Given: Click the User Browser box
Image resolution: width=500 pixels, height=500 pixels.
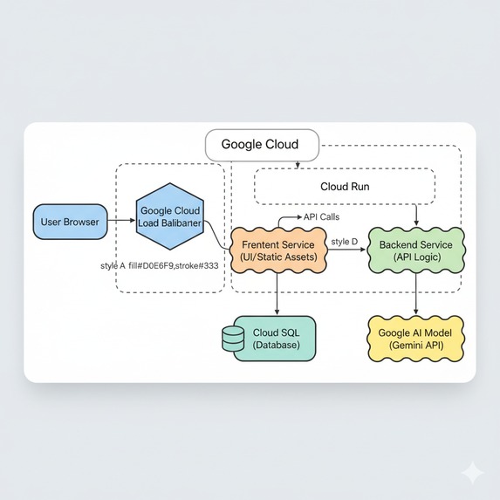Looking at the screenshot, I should coord(71,222).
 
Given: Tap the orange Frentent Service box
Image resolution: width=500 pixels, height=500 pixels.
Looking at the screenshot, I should coord(277,250).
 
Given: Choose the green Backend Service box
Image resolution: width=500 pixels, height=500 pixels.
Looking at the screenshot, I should coord(415,250).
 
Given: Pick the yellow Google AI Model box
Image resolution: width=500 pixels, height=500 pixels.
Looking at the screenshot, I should coord(415,339).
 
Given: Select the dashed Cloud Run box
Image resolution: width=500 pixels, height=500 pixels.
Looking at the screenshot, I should coord(344,187).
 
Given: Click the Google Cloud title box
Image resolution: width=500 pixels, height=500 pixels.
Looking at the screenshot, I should coord(259,145).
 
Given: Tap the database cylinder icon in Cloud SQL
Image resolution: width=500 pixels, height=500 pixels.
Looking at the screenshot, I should coord(234,339).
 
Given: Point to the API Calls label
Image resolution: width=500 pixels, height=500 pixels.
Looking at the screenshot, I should coord(321,216).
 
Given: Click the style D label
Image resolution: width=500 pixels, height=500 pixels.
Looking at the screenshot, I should coord(345,240).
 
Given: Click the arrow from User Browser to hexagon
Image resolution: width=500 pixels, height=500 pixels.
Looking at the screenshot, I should coord(120,222).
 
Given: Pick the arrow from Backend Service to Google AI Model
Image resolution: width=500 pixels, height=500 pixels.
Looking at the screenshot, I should coord(416,296).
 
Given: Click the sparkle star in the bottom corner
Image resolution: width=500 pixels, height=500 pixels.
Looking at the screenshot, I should coord(473,472).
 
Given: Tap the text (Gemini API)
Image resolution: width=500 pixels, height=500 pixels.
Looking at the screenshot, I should coord(415,346).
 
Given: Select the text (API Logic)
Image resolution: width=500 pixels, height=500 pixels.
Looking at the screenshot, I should coord(415,258).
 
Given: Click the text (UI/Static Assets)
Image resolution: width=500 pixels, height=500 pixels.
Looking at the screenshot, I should coord(277,258).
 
